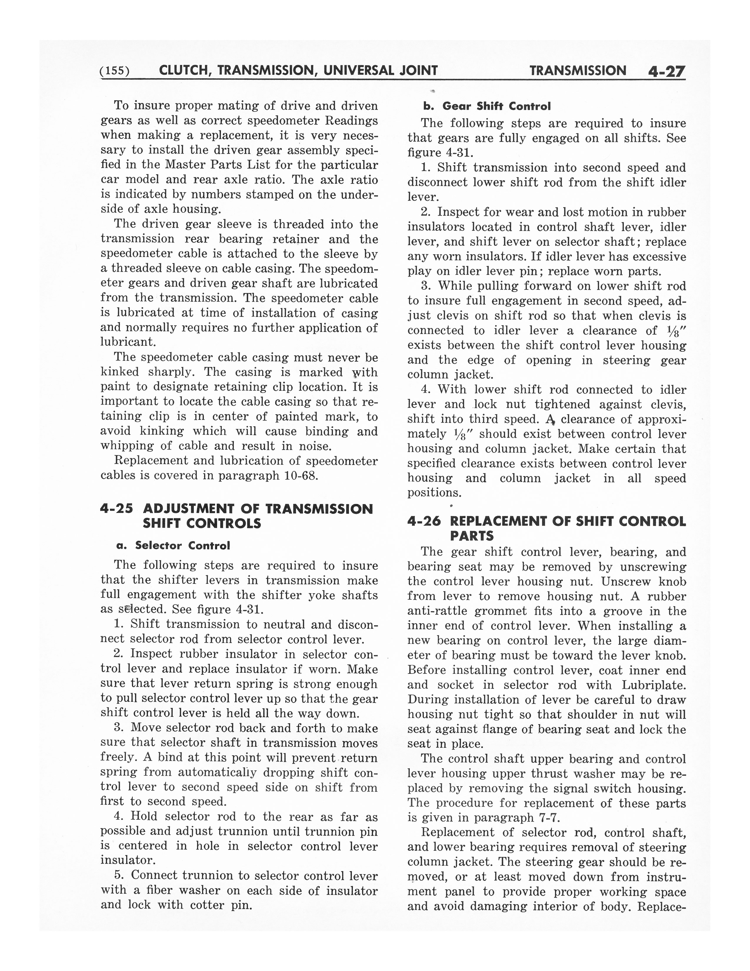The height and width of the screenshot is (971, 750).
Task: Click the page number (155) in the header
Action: (115, 71)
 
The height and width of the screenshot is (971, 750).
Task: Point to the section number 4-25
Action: (116, 509)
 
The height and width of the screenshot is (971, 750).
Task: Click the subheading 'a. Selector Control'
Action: (173, 546)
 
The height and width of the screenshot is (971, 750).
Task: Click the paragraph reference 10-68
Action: (301, 475)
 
